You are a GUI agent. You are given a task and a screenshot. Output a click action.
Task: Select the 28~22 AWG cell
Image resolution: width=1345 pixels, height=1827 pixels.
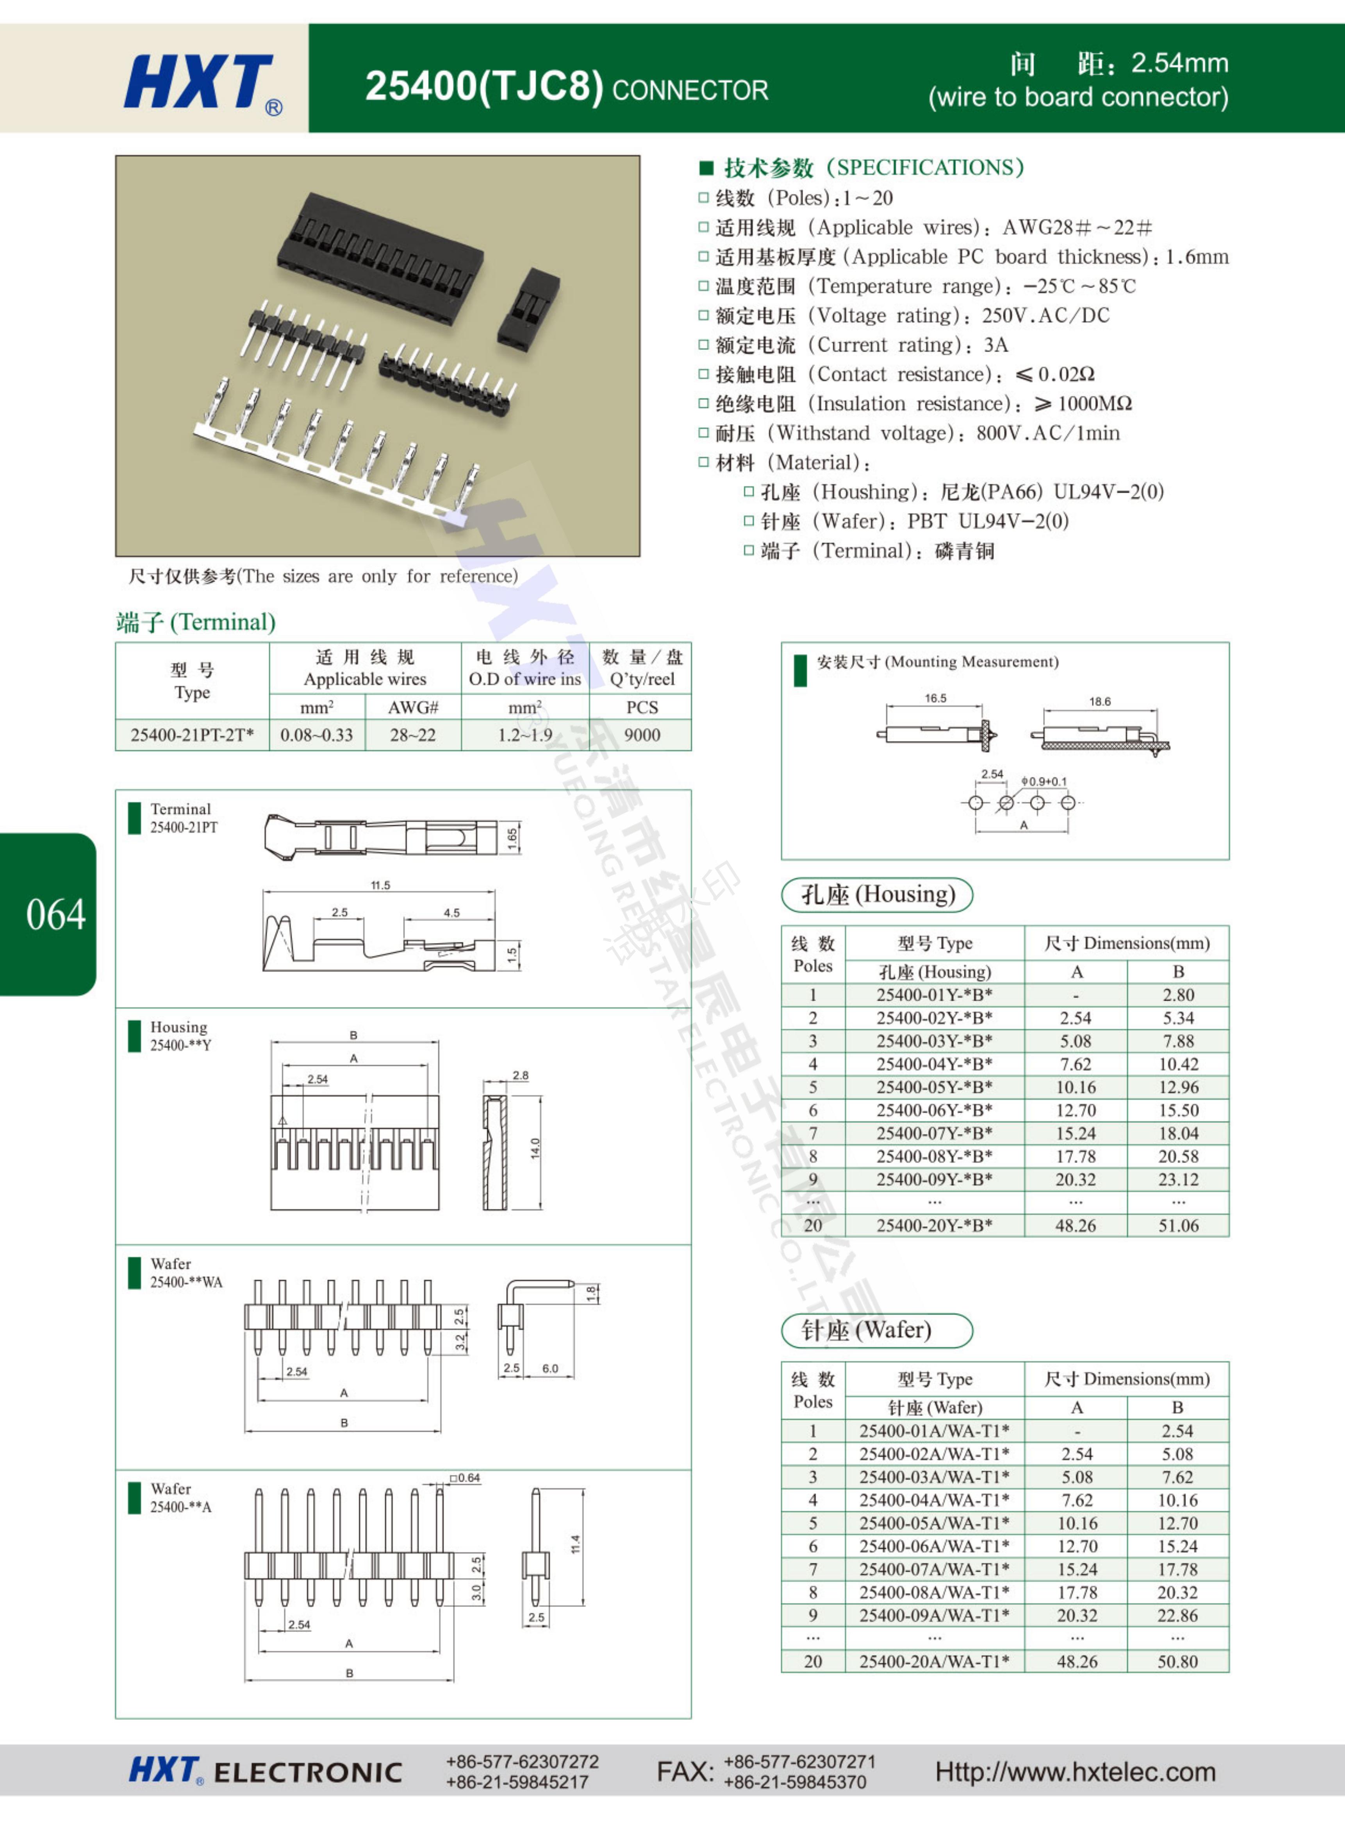(x=413, y=735)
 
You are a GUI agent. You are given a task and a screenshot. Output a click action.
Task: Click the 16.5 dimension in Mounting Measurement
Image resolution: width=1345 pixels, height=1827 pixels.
(x=935, y=698)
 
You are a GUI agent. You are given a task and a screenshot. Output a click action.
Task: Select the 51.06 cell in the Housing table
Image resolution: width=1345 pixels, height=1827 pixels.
(x=1178, y=1225)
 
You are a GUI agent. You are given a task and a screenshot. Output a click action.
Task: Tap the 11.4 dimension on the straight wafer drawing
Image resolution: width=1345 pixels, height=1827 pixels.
(x=576, y=1544)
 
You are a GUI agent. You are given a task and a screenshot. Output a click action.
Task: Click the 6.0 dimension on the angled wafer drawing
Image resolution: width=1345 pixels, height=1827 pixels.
(x=550, y=1369)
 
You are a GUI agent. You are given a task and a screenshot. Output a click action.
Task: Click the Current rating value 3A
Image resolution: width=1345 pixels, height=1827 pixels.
(x=996, y=345)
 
